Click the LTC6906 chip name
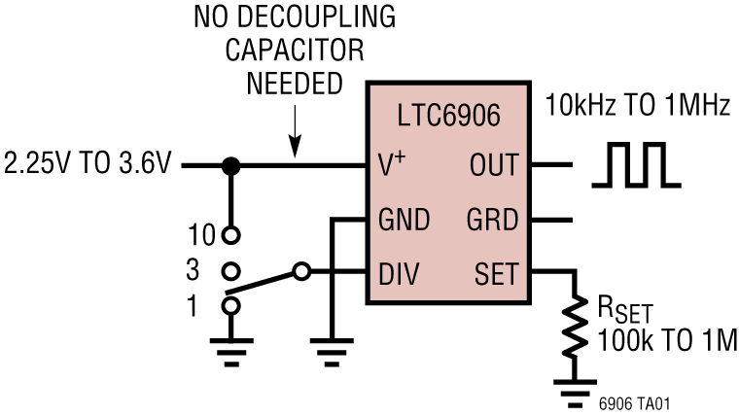(449, 117)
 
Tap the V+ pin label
(392, 166)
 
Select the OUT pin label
(494, 166)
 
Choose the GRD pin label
(494, 221)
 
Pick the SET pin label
(497, 274)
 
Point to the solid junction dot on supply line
(230, 165)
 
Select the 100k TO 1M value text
(669, 341)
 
